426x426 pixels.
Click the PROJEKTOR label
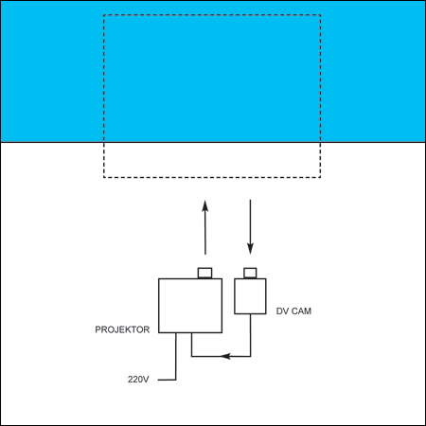coord(122,329)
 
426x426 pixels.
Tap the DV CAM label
coord(293,311)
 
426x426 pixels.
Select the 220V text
coord(138,380)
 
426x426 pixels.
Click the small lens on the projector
coord(204,273)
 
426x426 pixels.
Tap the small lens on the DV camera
coord(250,273)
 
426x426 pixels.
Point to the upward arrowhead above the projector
coord(205,205)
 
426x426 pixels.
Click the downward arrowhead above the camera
coord(250,249)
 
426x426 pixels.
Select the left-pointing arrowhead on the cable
coord(225,356)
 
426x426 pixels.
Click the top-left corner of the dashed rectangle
coord(104,15)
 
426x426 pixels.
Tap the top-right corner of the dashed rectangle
coord(321,15)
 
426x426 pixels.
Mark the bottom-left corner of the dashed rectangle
coord(104,177)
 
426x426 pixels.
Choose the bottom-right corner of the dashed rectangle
coord(321,177)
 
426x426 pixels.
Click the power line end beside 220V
coord(158,380)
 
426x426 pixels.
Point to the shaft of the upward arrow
coord(205,233)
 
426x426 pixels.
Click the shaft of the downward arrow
coord(250,222)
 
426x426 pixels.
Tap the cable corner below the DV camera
coord(251,356)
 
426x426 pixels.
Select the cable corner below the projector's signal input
coord(191,356)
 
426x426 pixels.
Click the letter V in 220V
coord(146,380)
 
